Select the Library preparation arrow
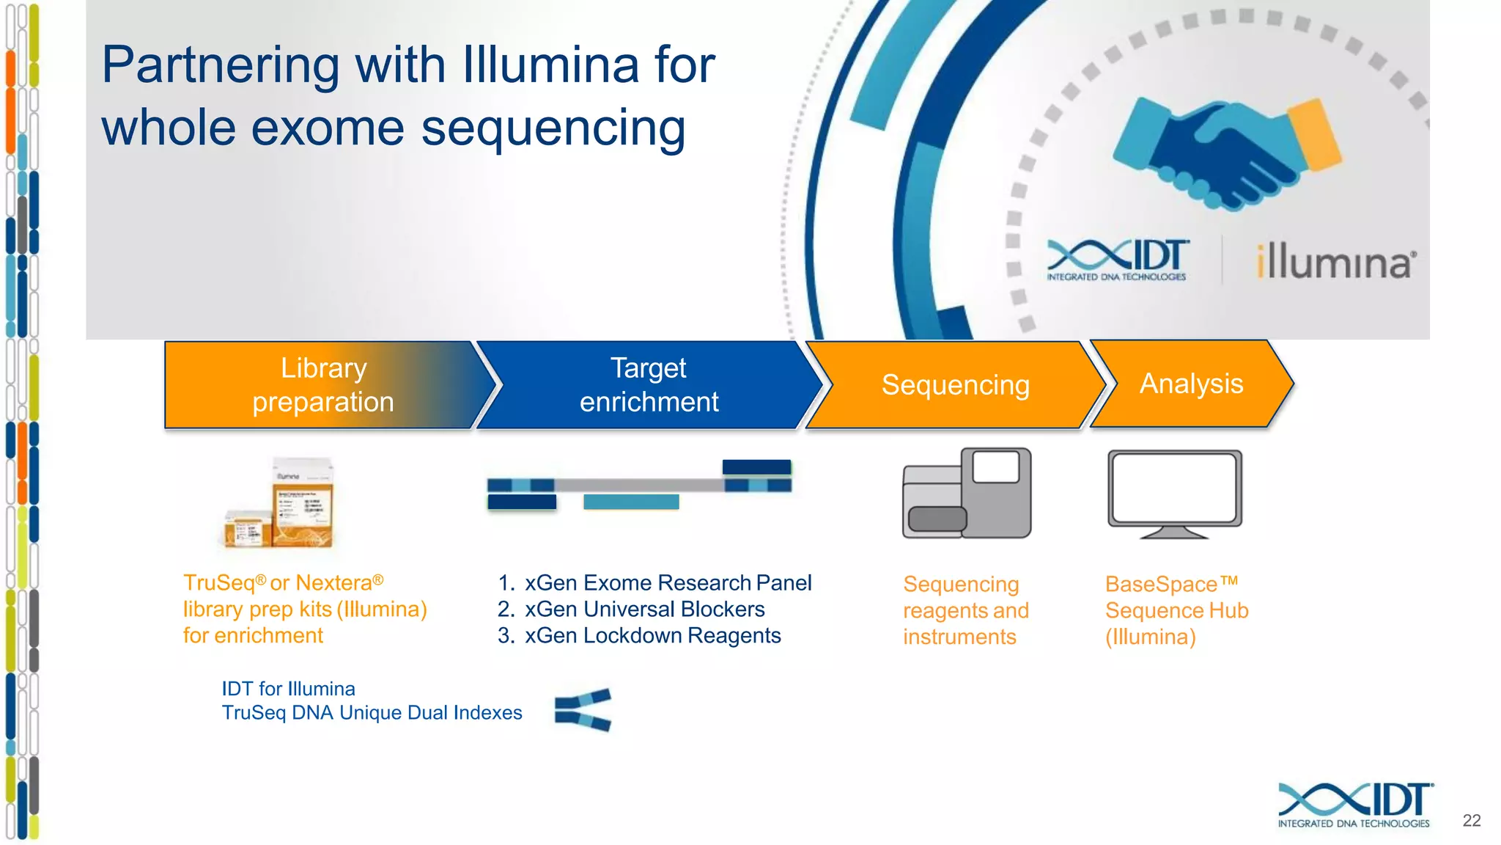[x=323, y=385]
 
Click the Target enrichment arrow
[x=649, y=385]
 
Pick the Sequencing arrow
[x=955, y=385]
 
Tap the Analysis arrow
[x=1191, y=384]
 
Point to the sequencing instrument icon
[x=967, y=493]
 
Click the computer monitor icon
[x=1174, y=494]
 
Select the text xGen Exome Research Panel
[x=668, y=582]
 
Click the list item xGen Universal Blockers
[x=644, y=609]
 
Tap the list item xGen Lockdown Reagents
[x=652, y=635]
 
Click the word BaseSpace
[x=1161, y=585]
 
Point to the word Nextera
[x=333, y=583]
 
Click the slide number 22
[x=1471, y=820]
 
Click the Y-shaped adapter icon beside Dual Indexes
[x=583, y=709]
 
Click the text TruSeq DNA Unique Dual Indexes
[x=372, y=713]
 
